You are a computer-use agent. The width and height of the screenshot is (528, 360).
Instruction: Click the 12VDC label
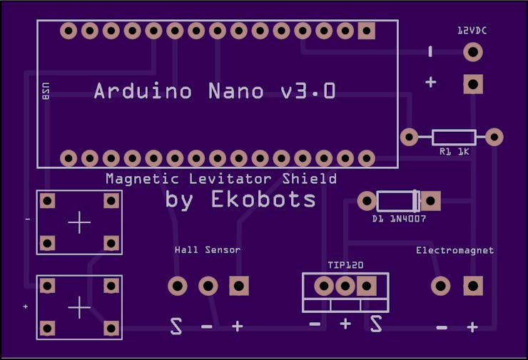(472, 31)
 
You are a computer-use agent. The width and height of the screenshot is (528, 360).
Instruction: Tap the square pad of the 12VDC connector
(473, 84)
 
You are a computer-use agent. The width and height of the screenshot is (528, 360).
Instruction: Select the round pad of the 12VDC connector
(473, 52)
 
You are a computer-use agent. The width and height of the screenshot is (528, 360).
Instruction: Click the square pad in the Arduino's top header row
(366, 31)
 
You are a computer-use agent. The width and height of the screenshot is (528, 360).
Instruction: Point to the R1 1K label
(455, 152)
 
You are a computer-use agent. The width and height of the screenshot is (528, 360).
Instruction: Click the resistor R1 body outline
(454, 138)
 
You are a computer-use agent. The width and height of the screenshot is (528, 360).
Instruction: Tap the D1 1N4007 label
(399, 219)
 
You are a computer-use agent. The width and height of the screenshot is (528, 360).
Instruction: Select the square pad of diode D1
(431, 201)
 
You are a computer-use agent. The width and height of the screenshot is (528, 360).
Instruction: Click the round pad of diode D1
(367, 201)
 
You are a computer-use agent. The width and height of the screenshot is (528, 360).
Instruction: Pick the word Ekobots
(263, 199)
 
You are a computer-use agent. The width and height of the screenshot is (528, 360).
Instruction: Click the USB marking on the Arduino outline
(46, 91)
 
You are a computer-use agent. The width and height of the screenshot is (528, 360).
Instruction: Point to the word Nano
(235, 91)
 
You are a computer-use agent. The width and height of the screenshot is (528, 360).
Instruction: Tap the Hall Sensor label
(208, 250)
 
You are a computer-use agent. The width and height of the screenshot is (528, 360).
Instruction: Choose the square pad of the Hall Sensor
(239, 286)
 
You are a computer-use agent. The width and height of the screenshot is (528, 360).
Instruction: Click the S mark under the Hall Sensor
(176, 326)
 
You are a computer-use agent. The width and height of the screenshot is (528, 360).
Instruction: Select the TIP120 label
(345, 265)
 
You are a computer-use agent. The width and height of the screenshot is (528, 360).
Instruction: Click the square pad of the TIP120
(366, 286)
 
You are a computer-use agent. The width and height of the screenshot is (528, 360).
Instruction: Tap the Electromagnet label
(455, 250)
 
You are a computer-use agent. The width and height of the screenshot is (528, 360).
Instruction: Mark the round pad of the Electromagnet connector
(441, 286)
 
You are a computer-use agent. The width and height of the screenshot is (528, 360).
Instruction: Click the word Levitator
(230, 178)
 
